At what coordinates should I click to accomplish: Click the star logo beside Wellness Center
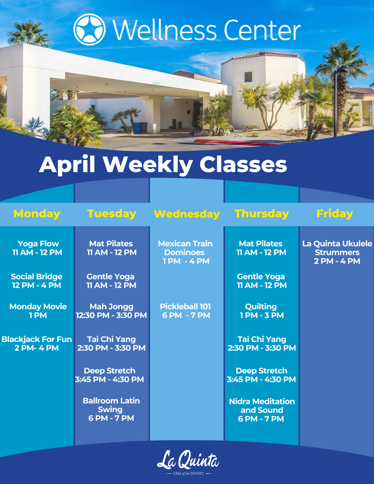(x=90, y=30)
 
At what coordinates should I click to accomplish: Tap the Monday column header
(x=37, y=213)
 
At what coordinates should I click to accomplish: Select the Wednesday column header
(x=187, y=214)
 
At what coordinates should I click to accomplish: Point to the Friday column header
(x=335, y=213)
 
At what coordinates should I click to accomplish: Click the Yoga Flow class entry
(x=37, y=248)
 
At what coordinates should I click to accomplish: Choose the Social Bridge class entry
(x=37, y=281)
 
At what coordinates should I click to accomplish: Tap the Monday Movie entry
(x=38, y=311)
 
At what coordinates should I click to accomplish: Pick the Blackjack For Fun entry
(x=37, y=344)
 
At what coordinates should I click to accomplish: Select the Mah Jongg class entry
(x=111, y=311)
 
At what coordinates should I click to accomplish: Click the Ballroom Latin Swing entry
(x=111, y=409)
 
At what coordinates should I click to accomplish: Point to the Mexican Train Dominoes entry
(x=186, y=252)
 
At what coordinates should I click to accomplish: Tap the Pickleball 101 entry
(x=186, y=311)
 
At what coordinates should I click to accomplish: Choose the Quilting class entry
(x=262, y=311)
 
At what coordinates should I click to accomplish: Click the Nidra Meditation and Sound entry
(x=262, y=410)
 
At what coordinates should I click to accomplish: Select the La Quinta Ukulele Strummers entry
(x=337, y=252)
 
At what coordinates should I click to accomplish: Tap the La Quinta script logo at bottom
(x=188, y=460)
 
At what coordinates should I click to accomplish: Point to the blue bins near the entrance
(x=140, y=127)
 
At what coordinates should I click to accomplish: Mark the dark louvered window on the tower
(x=248, y=77)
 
